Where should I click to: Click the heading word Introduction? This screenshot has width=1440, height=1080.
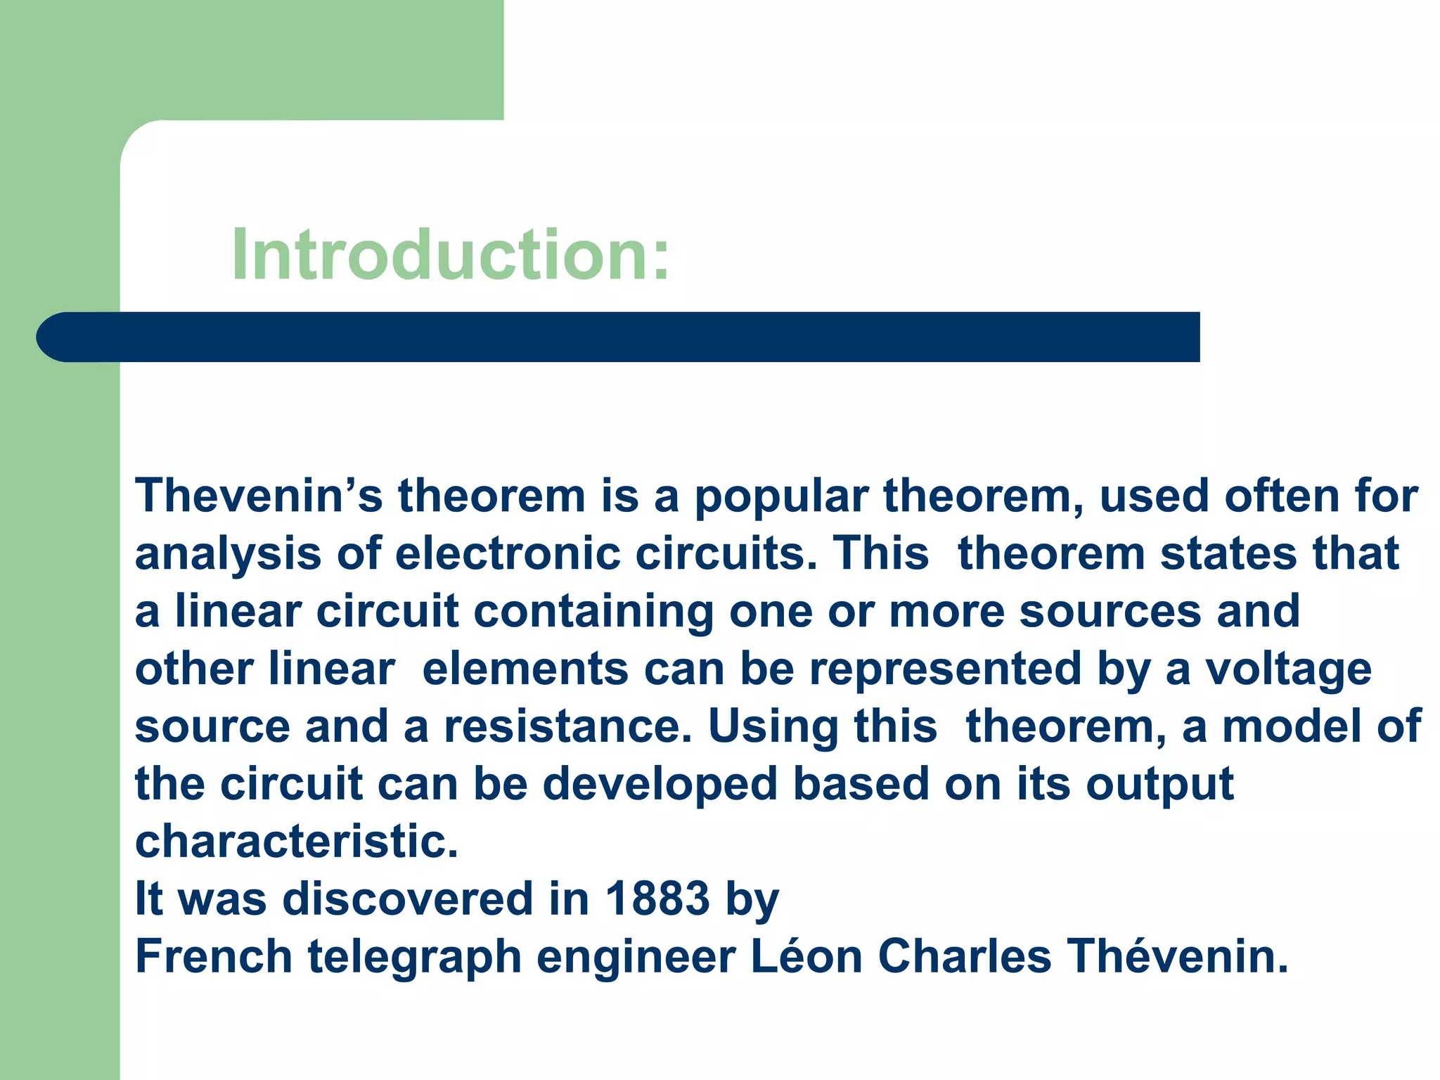(450, 255)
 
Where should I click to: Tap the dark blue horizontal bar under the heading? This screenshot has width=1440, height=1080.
(619, 337)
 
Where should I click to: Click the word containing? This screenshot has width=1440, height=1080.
(593, 611)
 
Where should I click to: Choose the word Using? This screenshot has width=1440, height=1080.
(773, 728)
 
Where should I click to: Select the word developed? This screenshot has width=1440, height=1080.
(660, 785)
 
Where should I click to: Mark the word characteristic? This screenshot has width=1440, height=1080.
(296, 842)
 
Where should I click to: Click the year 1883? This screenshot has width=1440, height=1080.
(657, 899)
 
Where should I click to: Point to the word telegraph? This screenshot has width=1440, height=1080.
(415, 958)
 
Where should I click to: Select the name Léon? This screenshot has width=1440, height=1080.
(806, 957)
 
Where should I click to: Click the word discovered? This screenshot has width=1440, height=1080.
(408, 899)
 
